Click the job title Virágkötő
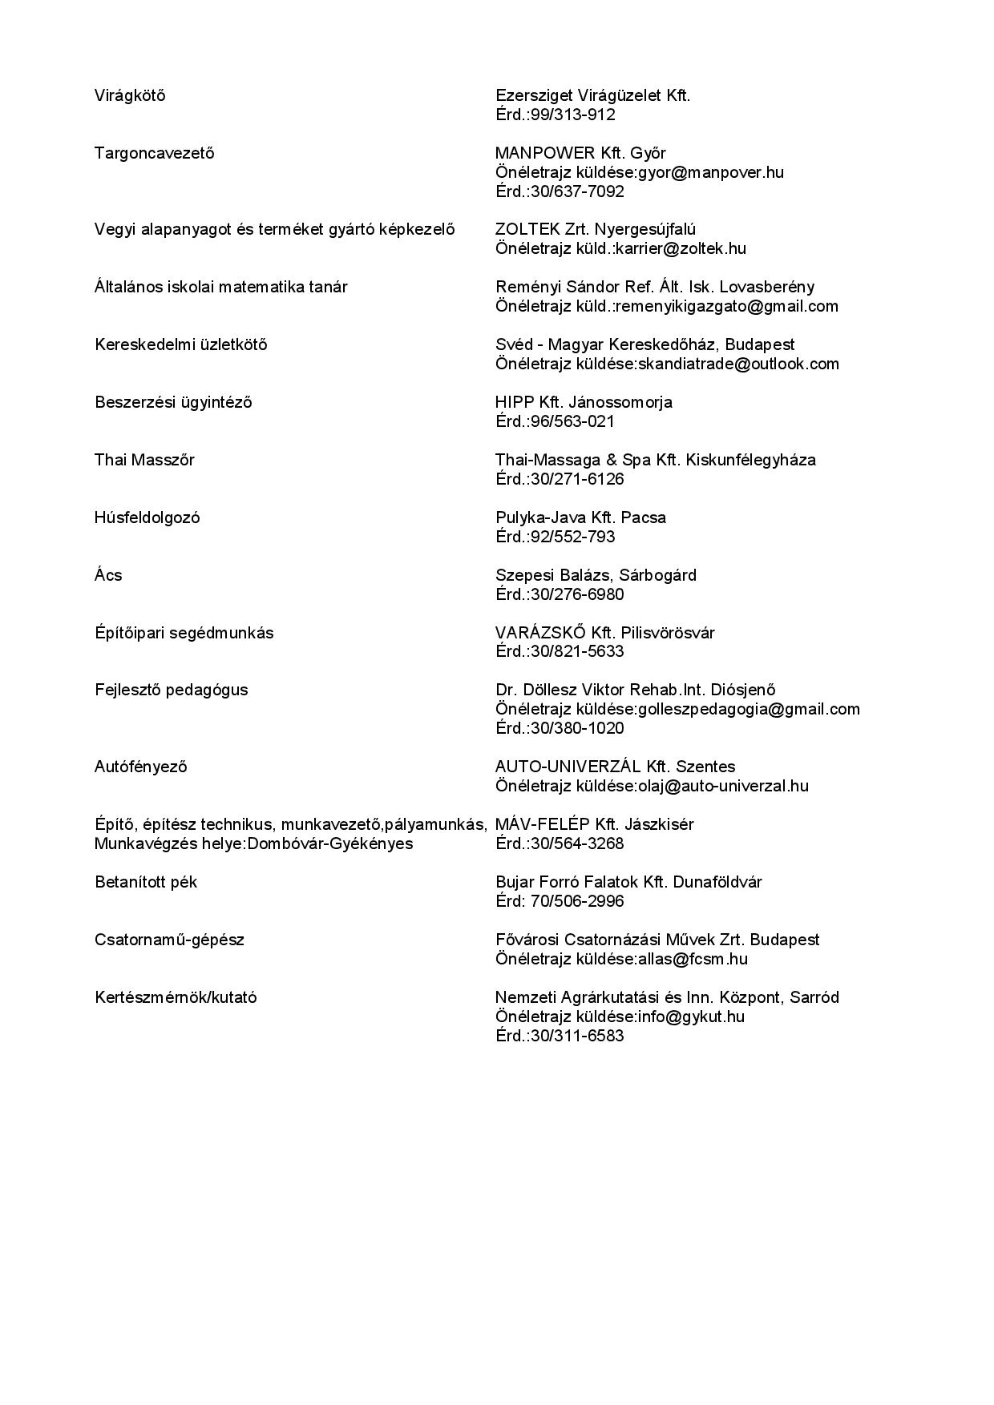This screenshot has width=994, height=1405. [x=130, y=95]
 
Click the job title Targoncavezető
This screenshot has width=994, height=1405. [x=154, y=153]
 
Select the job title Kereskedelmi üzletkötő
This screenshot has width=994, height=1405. [x=180, y=344]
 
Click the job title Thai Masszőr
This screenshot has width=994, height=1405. [x=144, y=460]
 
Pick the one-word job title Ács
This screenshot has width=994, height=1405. [x=108, y=575]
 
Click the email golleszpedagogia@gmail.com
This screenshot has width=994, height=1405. [x=749, y=709]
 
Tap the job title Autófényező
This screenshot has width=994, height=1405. [x=140, y=767]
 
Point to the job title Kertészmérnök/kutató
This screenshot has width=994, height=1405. [x=176, y=997]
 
